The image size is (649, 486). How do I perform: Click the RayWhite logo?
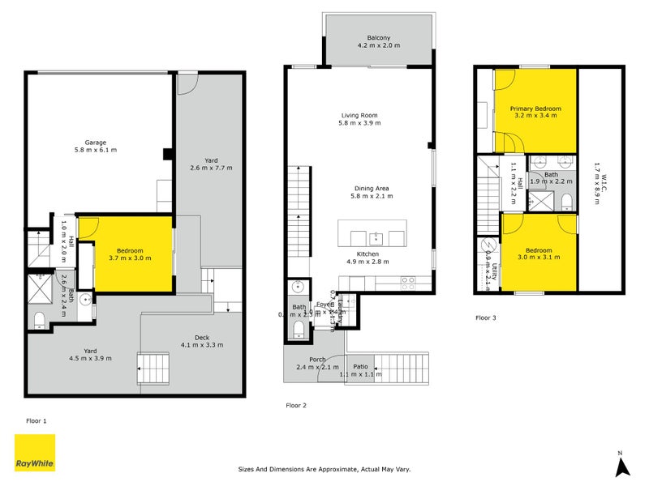click(x=35, y=453)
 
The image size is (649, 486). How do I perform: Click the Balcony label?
click(x=379, y=38)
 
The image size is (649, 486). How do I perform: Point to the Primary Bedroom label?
click(x=535, y=108)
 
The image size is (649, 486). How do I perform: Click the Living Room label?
click(x=359, y=115)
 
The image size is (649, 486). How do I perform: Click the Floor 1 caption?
click(x=37, y=421)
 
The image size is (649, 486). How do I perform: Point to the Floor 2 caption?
click(x=295, y=405)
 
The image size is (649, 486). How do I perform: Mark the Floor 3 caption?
click(x=485, y=318)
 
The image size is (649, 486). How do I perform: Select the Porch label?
click(x=317, y=360)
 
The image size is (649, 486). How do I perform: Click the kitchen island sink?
click(x=376, y=238)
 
